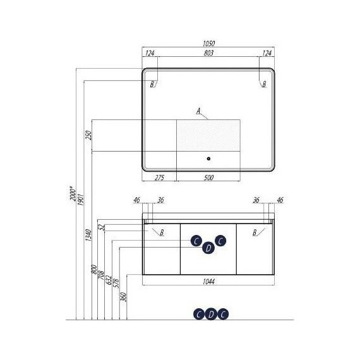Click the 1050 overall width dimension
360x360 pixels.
click(x=208, y=43)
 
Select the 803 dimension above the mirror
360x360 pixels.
click(x=208, y=53)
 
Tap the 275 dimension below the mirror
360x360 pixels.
click(x=159, y=177)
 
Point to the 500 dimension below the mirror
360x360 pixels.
click(x=208, y=177)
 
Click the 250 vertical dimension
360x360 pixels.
click(x=88, y=135)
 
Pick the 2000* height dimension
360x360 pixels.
click(x=73, y=193)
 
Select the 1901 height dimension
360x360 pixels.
click(x=81, y=200)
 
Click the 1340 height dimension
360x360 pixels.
click(x=88, y=235)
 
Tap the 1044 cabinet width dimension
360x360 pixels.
click(x=208, y=282)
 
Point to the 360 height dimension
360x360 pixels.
click(x=124, y=297)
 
